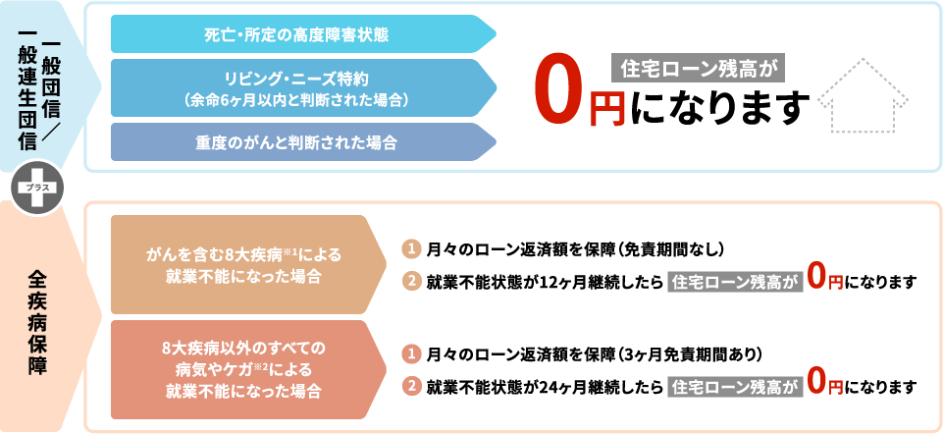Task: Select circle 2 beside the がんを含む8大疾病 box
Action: point(412,281)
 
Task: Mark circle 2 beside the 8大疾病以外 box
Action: point(412,385)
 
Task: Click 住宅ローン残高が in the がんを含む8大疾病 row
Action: point(731,282)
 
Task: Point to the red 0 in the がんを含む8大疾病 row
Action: point(814,278)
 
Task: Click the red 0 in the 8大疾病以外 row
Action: point(814,382)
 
